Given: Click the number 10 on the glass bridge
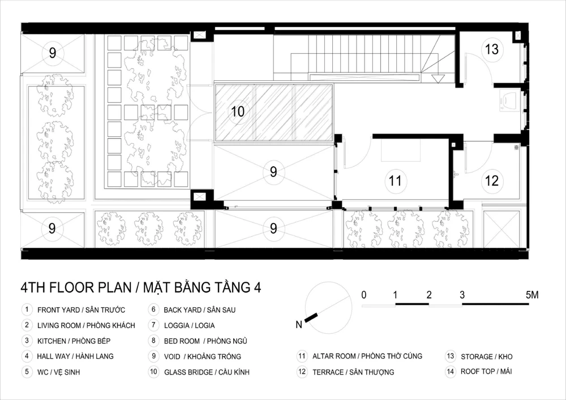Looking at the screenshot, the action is pyautogui.click(x=238, y=111).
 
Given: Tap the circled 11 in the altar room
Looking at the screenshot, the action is pyautogui.click(x=395, y=180).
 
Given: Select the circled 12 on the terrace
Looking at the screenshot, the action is pyautogui.click(x=492, y=180).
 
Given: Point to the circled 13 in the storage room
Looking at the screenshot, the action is pyautogui.click(x=492, y=49).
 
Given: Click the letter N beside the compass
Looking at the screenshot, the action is pyautogui.click(x=298, y=325).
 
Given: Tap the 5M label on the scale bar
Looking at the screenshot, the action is pyautogui.click(x=531, y=295).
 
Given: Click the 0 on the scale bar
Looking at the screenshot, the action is pyautogui.click(x=364, y=295).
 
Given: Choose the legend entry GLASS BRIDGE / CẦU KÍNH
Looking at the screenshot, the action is pyautogui.click(x=207, y=372).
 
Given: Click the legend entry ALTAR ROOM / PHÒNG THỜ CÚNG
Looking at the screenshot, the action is pyautogui.click(x=367, y=356).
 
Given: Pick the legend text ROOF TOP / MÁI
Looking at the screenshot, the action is pyautogui.click(x=486, y=372).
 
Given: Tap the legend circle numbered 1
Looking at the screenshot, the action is pyautogui.click(x=27, y=309).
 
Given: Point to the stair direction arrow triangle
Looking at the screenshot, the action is pyautogui.click(x=438, y=79).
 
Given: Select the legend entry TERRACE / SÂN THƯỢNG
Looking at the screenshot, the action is pyautogui.click(x=353, y=372).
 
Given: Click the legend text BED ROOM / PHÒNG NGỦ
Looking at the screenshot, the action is pyautogui.click(x=206, y=341).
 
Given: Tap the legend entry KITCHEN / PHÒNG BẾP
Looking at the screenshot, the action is pyautogui.click(x=74, y=341).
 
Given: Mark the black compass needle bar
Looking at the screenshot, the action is pyautogui.click(x=311, y=317).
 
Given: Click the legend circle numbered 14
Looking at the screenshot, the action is pyautogui.click(x=450, y=372).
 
